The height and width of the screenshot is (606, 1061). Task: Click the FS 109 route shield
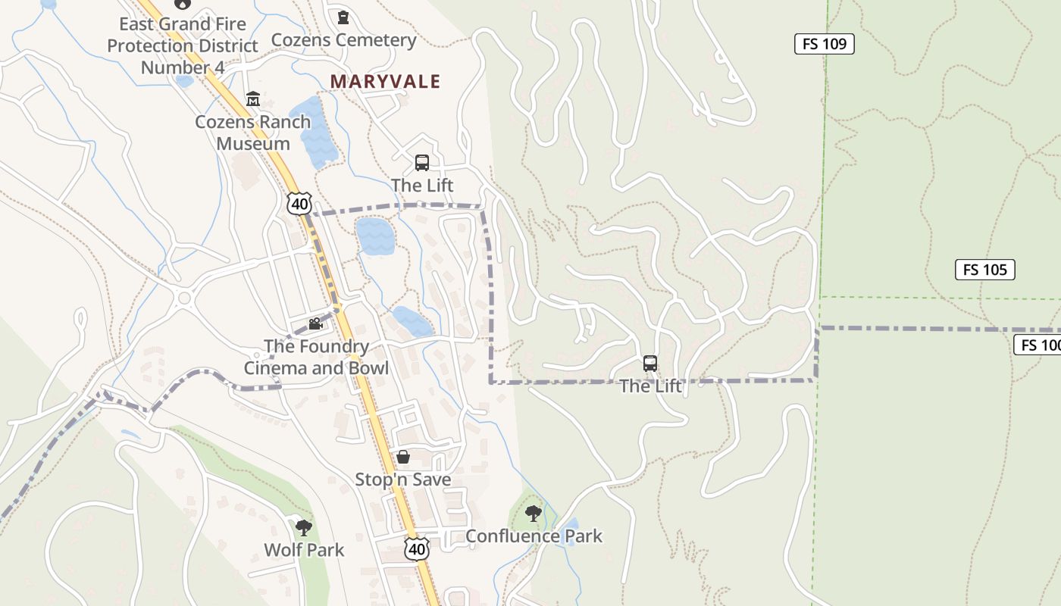(x=824, y=44)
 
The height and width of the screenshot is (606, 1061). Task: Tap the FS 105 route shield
(x=984, y=270)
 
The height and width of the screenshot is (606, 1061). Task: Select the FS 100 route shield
(x=1038, y=345)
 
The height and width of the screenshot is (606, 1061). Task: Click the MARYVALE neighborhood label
(x=385, y=82)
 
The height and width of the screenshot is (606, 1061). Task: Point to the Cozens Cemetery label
(x=343, y=40)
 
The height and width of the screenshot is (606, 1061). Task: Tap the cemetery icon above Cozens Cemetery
(x=343, y=17)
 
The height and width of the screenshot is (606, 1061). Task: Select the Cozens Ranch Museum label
(x=252, y=133)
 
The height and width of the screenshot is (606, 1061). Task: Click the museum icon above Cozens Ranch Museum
(x=252, y=99)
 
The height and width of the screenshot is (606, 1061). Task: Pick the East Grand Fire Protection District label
(x=183, y=45)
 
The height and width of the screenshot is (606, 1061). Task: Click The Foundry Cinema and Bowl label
(x=316, y=358)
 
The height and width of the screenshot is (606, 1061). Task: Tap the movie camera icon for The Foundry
(x=315, y=324)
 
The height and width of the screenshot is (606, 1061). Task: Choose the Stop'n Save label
(x=403, y=479)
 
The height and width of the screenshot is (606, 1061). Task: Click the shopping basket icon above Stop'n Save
(x=403, y=457)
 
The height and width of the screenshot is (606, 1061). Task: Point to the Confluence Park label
(x=534, y=536)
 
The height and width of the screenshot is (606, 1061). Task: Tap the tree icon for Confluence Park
(x=534, y=514)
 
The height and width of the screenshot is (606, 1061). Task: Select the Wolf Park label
(x=304, y=550)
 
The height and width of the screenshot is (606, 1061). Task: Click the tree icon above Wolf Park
(x=304, y=527)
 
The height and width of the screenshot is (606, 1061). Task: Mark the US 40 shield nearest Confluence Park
(x=416, y=549)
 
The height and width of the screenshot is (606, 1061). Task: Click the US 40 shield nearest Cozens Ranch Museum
(x=299, y=203)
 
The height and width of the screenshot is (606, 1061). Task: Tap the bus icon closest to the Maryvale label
(x=422, y=163)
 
